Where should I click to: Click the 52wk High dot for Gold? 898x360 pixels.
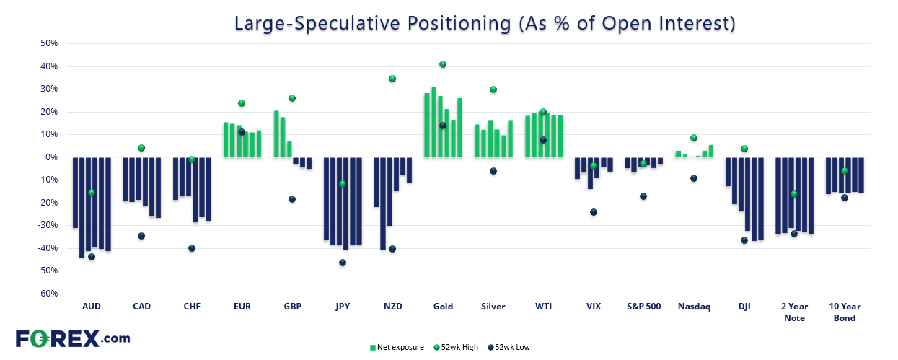(x=443, y=64)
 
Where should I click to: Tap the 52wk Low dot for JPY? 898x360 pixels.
(x=343, y=263)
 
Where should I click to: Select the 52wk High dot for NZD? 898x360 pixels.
(x=392, y=79)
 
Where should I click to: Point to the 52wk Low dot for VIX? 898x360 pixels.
(x=594, y=212)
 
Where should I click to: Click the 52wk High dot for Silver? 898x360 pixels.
(x=493, y=89)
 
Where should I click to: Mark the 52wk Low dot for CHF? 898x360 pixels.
(x=192, y=248)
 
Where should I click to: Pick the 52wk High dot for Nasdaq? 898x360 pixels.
(x=694, y=138)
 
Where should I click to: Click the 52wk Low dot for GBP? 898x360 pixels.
(x=292, y=199)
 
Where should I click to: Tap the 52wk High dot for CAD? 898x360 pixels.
(x=141, y=148)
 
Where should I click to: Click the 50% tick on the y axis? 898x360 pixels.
(x=49, y=43)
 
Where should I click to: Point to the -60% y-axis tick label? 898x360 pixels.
(x=48, y=294)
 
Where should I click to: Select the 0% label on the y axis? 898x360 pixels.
(x=52, y=157)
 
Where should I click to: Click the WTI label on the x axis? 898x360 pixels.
(x=543, y=307)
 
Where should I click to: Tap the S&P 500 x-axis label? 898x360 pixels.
(x=644, y=307)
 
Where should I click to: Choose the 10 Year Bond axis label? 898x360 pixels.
(x=845, y=312)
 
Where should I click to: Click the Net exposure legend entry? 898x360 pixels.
(x=397, y=347)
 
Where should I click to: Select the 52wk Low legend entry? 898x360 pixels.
(x=509, y=347)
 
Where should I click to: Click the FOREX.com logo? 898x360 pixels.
(x=73, y=339)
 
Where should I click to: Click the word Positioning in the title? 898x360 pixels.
(x=459, y=23)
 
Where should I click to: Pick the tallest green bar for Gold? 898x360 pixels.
(x=433, y=122)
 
